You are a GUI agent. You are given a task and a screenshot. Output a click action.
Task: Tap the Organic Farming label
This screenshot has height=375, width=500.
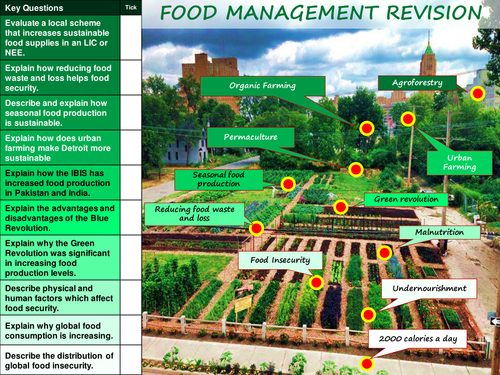click(263, 86)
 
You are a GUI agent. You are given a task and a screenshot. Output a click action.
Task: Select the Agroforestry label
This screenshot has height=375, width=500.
click(418, 83)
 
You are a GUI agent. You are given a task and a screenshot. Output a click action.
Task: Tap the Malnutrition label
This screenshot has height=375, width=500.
click(433, 232)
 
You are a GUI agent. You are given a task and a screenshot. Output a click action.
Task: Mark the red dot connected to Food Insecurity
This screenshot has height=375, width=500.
click(316, 282)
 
